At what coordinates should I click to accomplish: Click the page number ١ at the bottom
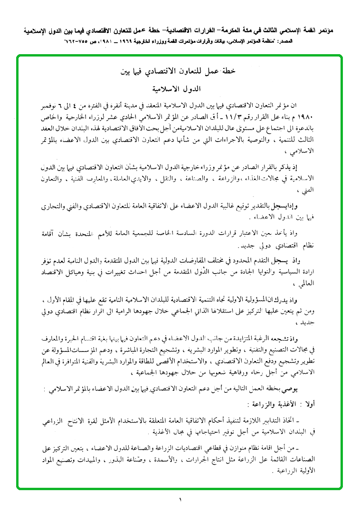coord(180,499)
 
